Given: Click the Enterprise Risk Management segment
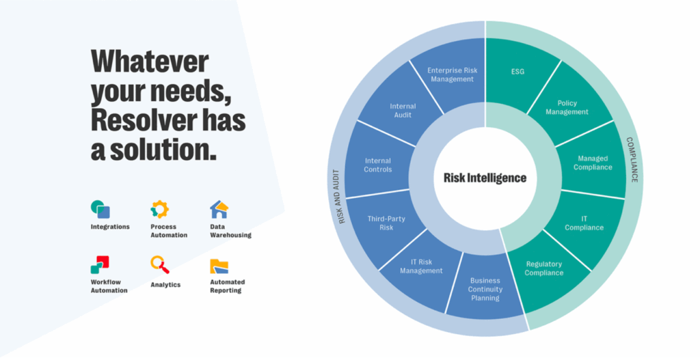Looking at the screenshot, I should [x=451, y=75].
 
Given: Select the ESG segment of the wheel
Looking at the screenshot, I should [x=517, y=72].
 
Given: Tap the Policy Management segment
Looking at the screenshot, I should [x=567, y=107].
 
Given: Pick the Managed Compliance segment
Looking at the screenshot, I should [x=592, y=163].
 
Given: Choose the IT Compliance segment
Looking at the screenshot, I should [x=584, y=223].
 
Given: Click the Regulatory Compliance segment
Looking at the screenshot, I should [x=544, y=268].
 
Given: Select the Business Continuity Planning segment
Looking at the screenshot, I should [x=485, y=289].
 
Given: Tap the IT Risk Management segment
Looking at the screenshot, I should [x=421, y=266].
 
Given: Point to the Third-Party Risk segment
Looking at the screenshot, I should [x=386, y=223].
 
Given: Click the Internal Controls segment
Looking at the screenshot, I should [x=378, y=165].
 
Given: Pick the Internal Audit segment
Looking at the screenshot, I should [x=403, y=111].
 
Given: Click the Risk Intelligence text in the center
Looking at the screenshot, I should [x=485, y=178].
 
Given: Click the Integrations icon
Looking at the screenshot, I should [x=100, y=209].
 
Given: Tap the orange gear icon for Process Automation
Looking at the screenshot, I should [x=160, y=209].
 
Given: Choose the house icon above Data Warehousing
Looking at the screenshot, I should [x=219, y=209].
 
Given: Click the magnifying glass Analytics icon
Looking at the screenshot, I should [x=160, y=264].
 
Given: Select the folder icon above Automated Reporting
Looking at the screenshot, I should [x=219, y=266].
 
